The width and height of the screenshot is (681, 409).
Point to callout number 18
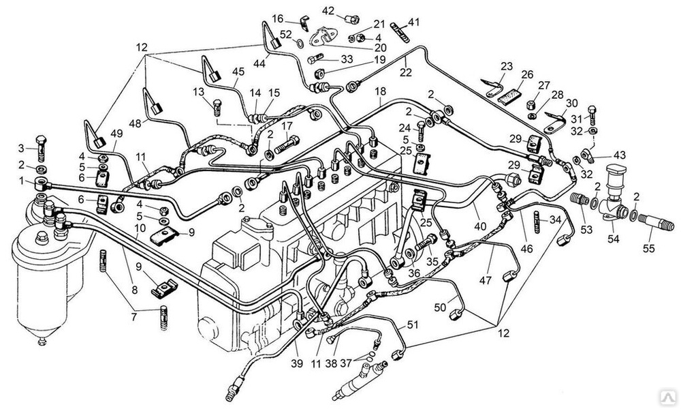click(380, 91)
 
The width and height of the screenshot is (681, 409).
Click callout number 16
click(278, 18)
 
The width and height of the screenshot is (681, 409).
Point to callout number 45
click(238, 72)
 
